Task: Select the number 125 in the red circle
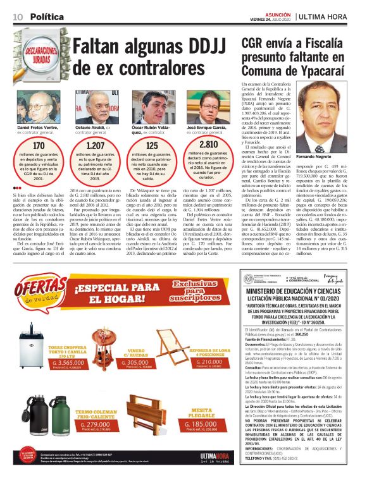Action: [152, 146]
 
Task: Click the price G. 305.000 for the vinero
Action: [138, 363]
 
